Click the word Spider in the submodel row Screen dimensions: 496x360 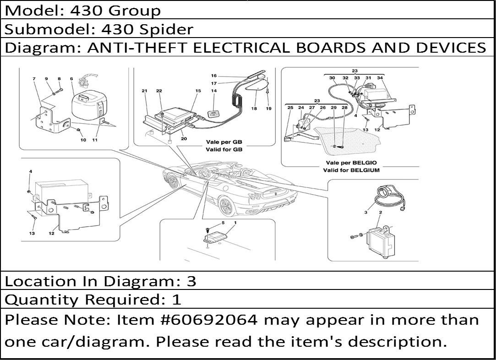[166, 29]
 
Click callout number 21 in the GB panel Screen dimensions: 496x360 [145, 91]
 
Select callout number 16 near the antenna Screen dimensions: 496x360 [214, 76]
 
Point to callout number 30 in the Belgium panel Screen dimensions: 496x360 [332, 78]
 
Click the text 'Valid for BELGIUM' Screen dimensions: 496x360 [351, 170]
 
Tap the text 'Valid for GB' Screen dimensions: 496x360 [224, 149]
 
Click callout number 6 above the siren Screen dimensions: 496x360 [71, 79]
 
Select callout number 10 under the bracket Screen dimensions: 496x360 [83, 140]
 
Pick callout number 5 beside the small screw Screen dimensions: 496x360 [223, 223]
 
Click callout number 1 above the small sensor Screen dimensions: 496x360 [235, 223]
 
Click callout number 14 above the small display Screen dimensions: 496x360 [214, 91]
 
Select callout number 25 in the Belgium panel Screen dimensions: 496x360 [290, 108]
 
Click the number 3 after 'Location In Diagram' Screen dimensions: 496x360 [191, 281]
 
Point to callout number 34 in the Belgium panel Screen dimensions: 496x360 [380, 78]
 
